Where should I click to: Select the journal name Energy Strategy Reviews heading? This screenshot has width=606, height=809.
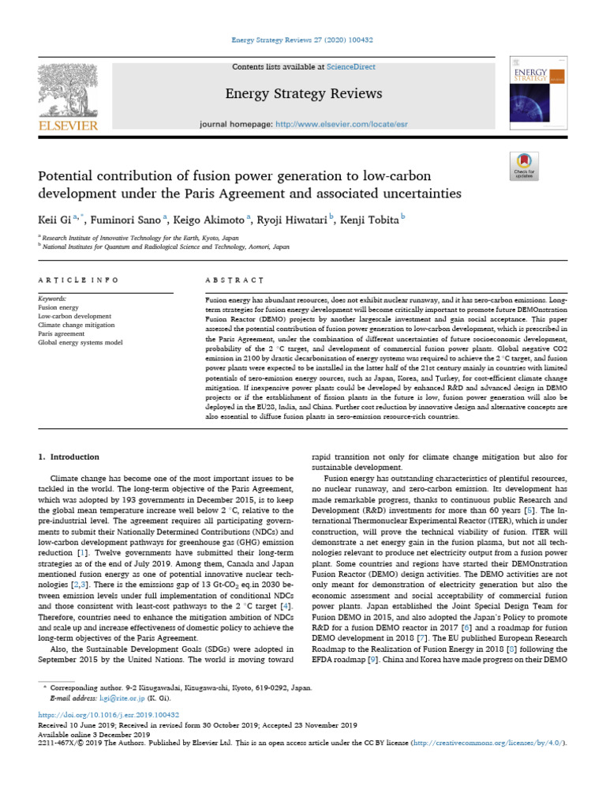click(304, 94)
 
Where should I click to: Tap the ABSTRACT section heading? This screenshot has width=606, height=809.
click(234, 280)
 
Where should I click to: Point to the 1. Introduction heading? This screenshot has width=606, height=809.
click(69, 457)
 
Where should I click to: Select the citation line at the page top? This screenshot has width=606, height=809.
click(303, 40)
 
